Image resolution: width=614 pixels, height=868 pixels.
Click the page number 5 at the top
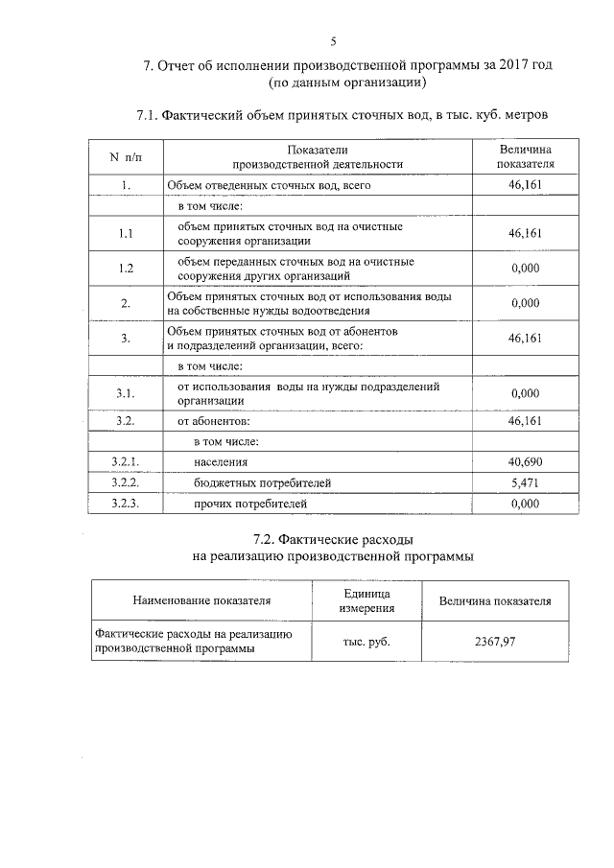pyautogui.click(x=333, y=41)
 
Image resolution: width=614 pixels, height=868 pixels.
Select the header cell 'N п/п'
pyautogui.click(x=124, y=157)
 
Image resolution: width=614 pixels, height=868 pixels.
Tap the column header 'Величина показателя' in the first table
pyautogui.click(x=526, y=157)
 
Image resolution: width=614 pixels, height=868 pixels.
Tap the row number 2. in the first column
pyautogui.click(x=125, y=303)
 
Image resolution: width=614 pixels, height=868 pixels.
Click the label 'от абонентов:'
pyautogui.click(x=211, y=420)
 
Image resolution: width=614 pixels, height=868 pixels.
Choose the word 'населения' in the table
pyautogui.click(x=221, y=462)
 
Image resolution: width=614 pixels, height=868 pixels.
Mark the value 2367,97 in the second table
pyautogui.click(x=495, y=642)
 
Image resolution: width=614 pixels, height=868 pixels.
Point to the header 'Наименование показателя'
pyautogui.click(x=201, y=601)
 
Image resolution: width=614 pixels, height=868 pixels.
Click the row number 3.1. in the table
pyautogui.click(x=125, y=393)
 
